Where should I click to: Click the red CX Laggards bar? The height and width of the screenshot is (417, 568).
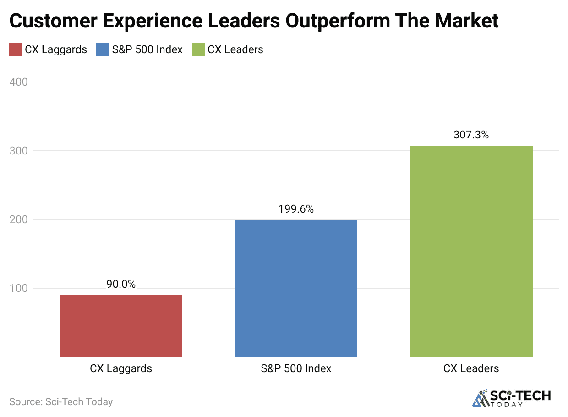click(121, 326)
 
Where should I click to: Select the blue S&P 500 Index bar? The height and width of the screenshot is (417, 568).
click(296, 288)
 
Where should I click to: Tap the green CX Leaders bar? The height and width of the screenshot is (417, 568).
click(471, 251)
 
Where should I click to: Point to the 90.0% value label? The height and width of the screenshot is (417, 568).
click(121, 284)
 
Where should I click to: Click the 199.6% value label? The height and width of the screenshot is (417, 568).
click(296, 209)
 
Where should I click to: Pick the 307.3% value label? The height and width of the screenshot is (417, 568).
click(471, 135)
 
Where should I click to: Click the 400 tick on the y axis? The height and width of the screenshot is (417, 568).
click(19, 82)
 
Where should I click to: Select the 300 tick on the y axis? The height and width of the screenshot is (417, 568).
click(19, 151)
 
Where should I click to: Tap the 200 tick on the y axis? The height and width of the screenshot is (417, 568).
click(19, 219)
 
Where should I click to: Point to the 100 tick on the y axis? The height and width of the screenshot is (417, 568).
click(19, 288)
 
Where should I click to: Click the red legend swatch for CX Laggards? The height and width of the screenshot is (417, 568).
click(16, 49)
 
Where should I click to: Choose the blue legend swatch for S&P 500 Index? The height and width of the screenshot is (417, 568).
click(103, 49)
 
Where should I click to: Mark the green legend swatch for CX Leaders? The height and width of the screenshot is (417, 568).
click(198, 49)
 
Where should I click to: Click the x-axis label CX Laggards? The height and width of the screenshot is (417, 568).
click(121, 368)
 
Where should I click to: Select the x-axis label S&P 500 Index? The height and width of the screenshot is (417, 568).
click(296, 368)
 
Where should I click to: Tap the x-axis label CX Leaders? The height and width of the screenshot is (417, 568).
click(471, 368)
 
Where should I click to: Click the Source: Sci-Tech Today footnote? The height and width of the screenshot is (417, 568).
click(61, 402)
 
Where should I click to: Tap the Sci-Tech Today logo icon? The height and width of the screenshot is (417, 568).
click(480, 398)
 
